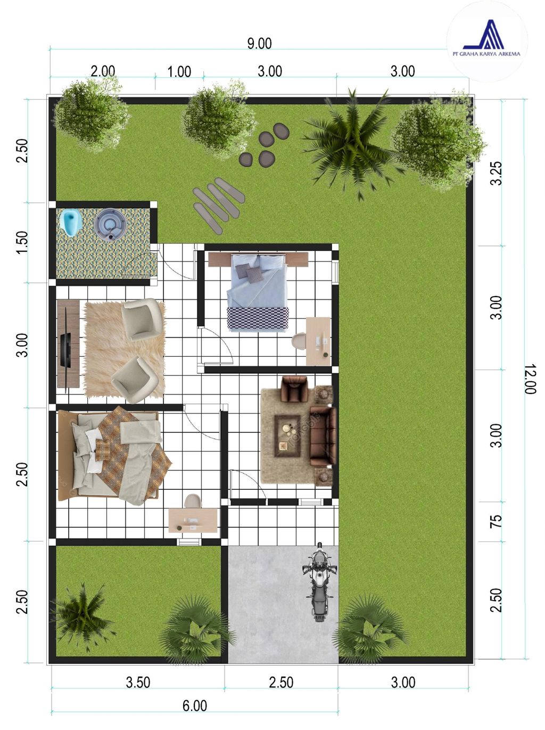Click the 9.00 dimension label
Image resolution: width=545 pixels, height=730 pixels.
[260, 44]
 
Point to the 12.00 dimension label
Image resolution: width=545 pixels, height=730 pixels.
[531, 379]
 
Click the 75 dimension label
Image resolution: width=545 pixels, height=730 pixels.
[496, 521]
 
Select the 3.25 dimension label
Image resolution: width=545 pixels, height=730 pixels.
[497, 173]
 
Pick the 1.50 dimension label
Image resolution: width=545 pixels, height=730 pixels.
[22, 242]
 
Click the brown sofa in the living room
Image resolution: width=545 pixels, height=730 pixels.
[323, 436]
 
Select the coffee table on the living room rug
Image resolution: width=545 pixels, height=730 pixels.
[287, 436]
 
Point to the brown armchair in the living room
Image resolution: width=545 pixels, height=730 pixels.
[294, 388]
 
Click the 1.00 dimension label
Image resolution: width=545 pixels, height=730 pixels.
[179, 71]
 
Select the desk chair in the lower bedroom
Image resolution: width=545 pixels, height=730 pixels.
[193, 501]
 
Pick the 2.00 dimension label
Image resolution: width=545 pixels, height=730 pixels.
[103, 71]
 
